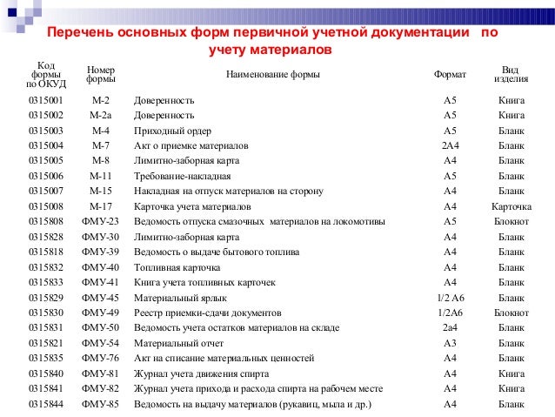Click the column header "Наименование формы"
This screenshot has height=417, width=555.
point(272,75)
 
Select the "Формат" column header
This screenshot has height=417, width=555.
point(450,75)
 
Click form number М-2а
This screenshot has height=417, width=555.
point(100,115)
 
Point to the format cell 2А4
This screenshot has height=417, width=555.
point(450,145)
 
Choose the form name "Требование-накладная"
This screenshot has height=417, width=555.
point(181,176)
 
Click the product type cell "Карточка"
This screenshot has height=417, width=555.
point(511,206)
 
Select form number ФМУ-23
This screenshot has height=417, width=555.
point(100,221)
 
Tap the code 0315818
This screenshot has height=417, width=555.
point(45,252)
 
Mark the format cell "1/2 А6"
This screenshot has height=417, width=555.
point(450,297)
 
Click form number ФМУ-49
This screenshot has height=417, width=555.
point(100,313)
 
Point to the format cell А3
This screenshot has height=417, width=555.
point(450,343)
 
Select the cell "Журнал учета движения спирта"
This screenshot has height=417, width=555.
point(201,373)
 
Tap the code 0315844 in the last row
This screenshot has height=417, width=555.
point(45,404)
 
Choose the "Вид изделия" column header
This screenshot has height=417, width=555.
point(511,75)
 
